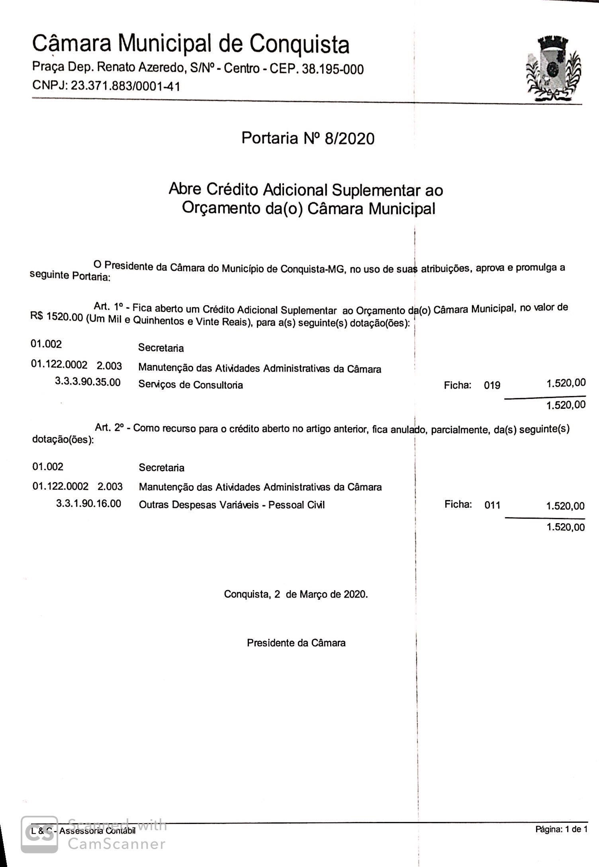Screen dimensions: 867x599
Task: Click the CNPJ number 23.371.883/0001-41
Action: (125, 86)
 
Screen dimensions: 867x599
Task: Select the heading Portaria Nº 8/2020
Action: (308, 138)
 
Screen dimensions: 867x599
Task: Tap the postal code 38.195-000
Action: (333, 69)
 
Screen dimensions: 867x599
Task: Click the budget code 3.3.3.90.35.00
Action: (88, 382)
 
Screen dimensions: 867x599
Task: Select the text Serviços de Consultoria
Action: (190, 385)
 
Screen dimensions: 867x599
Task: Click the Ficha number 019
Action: (492, 385)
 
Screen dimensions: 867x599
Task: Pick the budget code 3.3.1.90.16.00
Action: (88, 504)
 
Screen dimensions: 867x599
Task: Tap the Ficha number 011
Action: (492, 505)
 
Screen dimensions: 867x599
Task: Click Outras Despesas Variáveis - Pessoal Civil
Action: (232, 505)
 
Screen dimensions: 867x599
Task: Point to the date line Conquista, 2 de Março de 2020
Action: (296, 594)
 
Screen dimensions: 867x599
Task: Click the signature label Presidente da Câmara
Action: (296, 643)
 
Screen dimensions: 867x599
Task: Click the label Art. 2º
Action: (109, 428)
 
